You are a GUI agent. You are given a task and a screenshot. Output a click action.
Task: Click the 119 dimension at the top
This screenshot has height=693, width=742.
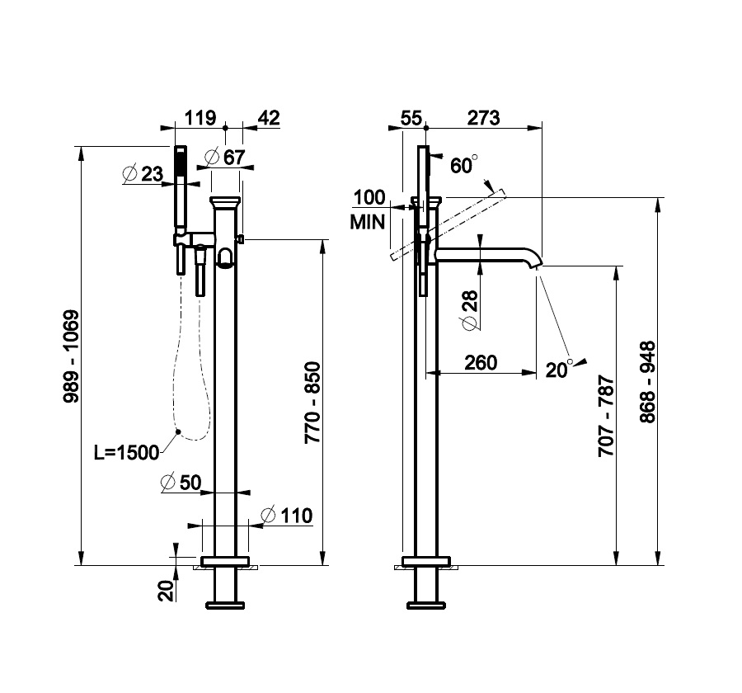pos(200,117)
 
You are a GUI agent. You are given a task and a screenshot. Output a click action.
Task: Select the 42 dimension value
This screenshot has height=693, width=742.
pos(269,117)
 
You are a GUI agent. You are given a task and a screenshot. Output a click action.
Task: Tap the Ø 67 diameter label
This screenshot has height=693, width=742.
pos(224,157)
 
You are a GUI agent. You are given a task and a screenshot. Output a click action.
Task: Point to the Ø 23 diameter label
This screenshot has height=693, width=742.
pos(143,174)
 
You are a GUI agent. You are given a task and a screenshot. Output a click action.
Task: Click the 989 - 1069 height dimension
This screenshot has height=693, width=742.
pos(72,356)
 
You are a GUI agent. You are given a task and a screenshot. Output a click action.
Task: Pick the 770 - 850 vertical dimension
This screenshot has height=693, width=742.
pos(312,403)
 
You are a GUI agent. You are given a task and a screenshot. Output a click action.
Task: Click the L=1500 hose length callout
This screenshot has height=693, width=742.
pos(126,452)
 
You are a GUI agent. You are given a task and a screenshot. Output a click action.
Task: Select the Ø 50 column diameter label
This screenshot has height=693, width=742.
pos(181,482)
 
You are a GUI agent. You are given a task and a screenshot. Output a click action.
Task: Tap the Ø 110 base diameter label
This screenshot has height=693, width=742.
pos(287,516)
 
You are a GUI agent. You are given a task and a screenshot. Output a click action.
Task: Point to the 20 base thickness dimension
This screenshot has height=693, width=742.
pos(166,592)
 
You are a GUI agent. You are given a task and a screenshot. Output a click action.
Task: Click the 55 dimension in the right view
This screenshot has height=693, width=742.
pos(411,118)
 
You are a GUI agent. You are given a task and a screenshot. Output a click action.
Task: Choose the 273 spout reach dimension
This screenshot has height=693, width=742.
pos(483,117)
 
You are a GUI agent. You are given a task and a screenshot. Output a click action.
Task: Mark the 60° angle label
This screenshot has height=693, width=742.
pos(463,165)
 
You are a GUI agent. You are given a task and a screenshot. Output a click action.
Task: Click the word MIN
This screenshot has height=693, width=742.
pos(367,222)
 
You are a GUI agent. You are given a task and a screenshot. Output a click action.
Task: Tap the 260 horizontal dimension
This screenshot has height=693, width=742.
pos(481,363)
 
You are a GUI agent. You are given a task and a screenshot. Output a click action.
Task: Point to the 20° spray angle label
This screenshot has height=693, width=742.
pos(558,369)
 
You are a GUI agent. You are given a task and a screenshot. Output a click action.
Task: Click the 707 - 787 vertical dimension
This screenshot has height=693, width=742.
pos(606,416)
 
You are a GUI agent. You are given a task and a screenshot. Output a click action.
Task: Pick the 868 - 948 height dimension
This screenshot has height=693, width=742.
pos(647,381)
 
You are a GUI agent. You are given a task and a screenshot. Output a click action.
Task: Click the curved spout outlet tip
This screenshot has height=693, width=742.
pos(538,266)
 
